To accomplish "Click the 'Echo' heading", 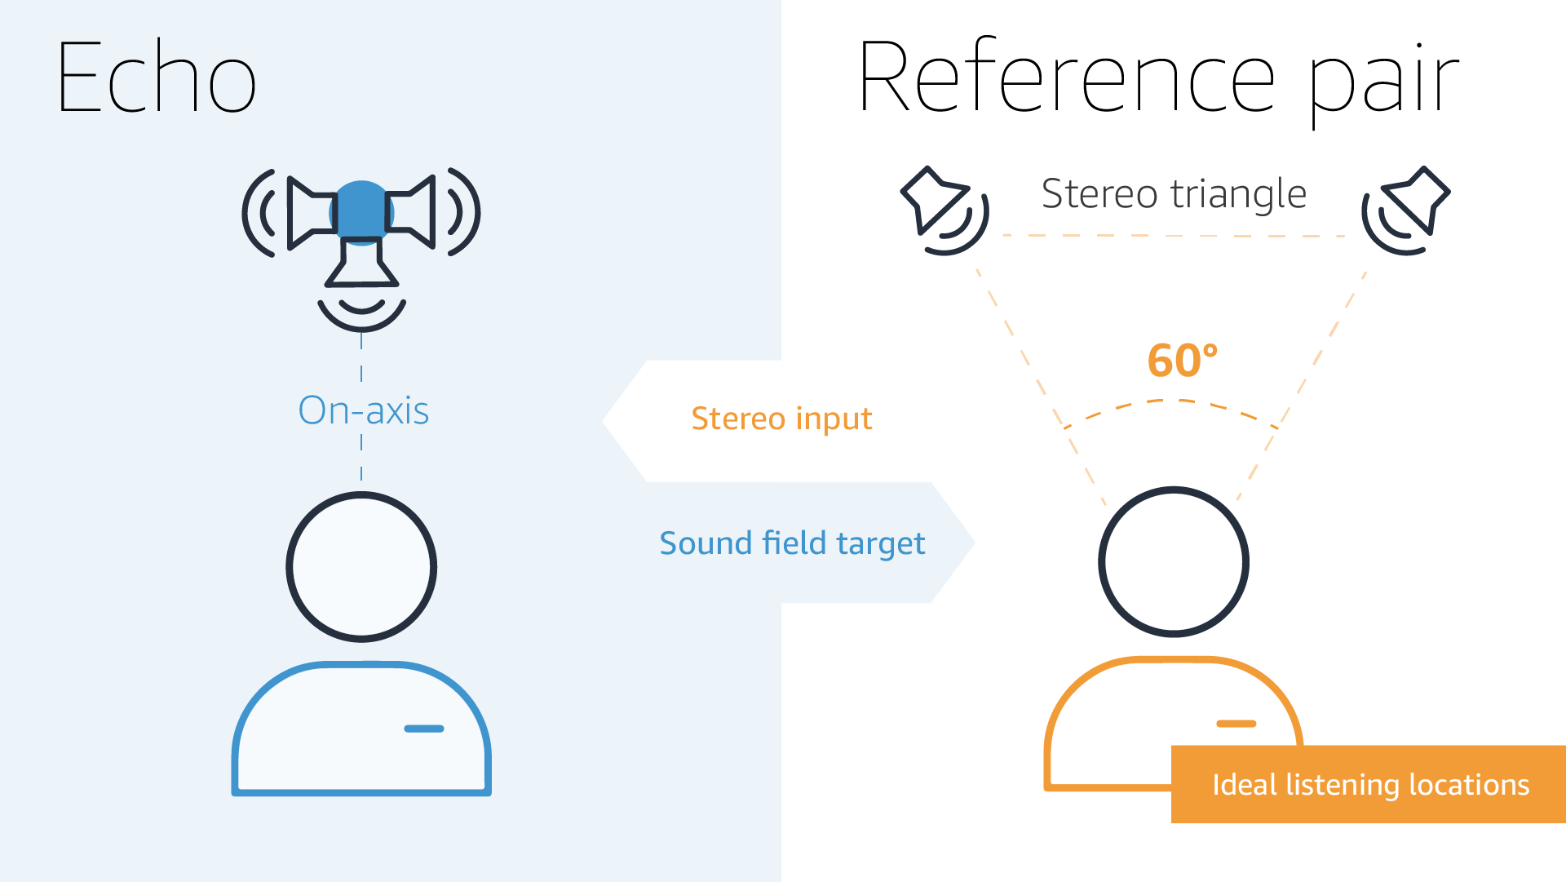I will [x=157, y=78].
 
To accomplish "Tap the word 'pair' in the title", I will [x=1383, y=82].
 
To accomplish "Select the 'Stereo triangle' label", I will [x=1174, y=194].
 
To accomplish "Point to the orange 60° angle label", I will [x=1182, y=361].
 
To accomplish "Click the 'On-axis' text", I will [x=363, y=410].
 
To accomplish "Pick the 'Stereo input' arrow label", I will [x=781, y=419].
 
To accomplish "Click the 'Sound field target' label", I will [x=792, y=543].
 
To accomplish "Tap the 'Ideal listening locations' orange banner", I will [x=1370, y=784].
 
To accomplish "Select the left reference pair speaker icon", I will [x=943, y=211].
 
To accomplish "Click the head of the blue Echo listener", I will [x=361, y=566].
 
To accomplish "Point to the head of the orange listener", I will [x=1174, y=561].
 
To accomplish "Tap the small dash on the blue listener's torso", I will [x=424, y=729].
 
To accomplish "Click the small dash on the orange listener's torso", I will [x=1236, y=724].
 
